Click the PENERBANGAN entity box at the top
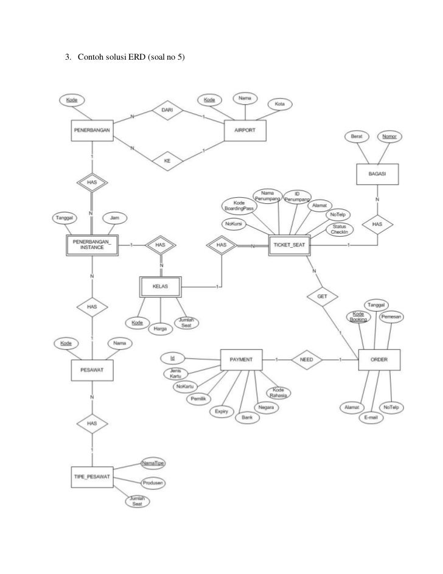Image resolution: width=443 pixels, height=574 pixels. (91, 131)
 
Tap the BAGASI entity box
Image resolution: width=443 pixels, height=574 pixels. (377, 174)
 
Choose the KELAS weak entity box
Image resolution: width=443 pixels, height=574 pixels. (160, 285)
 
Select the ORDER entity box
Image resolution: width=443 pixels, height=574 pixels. (378, 360)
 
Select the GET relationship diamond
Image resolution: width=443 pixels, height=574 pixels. (323, 296)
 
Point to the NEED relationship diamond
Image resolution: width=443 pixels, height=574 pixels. (307, 360)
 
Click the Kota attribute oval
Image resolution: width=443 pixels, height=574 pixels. (280, 105)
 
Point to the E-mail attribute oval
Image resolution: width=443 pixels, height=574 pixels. (371, 419)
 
